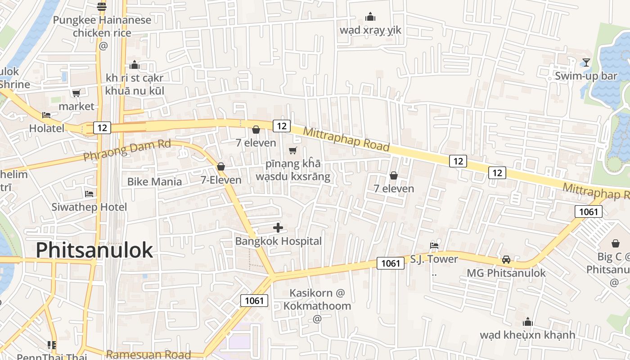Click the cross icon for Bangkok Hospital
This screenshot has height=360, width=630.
[278, 228]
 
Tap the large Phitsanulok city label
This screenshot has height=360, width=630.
[94, 250]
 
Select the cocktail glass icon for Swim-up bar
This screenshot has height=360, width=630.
[586, 63]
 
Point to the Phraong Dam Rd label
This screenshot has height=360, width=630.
[127, 150]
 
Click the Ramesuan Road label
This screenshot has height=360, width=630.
[148, 355]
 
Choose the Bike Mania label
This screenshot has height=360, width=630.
[154, 182]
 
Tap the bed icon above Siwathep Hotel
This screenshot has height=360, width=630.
[89, 194]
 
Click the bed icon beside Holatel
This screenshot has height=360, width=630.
[46, 115]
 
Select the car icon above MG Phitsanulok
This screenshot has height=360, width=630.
[506, 260]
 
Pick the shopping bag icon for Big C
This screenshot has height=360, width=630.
[615, 243]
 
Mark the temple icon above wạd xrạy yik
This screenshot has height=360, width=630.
[370, 17]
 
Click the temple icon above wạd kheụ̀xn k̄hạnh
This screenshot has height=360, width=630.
[527, 322]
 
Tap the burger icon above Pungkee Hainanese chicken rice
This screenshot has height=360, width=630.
[102, 6]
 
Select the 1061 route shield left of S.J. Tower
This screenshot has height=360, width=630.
[391, 263]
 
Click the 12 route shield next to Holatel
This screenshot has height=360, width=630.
[102, 128]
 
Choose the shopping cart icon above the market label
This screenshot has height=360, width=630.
[76, 93]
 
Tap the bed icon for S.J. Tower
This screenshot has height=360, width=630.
[434, 245]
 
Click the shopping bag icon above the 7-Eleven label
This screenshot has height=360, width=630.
[221, 166]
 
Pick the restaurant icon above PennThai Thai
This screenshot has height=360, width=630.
[52, 345]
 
